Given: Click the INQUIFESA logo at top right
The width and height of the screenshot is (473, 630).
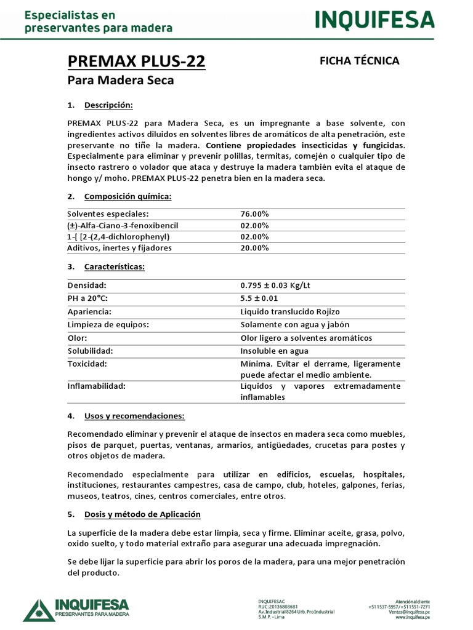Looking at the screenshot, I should click(374, 21).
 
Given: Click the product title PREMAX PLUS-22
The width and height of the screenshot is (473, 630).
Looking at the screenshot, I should click(136, 62).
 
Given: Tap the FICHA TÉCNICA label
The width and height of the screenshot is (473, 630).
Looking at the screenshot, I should click(360, 60).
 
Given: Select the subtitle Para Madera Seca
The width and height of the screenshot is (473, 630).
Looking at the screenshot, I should click(121, 81).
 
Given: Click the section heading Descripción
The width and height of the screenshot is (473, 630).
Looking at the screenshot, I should click(108, 105).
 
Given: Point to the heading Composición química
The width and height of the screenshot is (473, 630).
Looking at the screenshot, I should click(127, 196).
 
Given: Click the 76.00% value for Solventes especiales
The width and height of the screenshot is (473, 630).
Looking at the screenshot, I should click(254, 213).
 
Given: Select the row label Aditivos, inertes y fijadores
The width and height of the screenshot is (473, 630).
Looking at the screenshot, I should click(119, 248).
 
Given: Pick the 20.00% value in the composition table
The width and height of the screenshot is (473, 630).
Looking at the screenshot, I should click(254, 248).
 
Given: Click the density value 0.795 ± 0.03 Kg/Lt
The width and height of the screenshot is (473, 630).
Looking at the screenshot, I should click(281, 285).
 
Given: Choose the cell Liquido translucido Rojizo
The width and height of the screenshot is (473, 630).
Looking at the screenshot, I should click(289, 312).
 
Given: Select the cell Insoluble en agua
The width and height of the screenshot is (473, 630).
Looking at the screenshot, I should click(274, 351).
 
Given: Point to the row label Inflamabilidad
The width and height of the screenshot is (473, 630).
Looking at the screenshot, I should click(97, 386).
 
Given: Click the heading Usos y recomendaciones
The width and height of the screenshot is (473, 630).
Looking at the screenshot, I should click(134, 416).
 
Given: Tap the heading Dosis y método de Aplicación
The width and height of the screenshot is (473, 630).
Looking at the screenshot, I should click(142, 514).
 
